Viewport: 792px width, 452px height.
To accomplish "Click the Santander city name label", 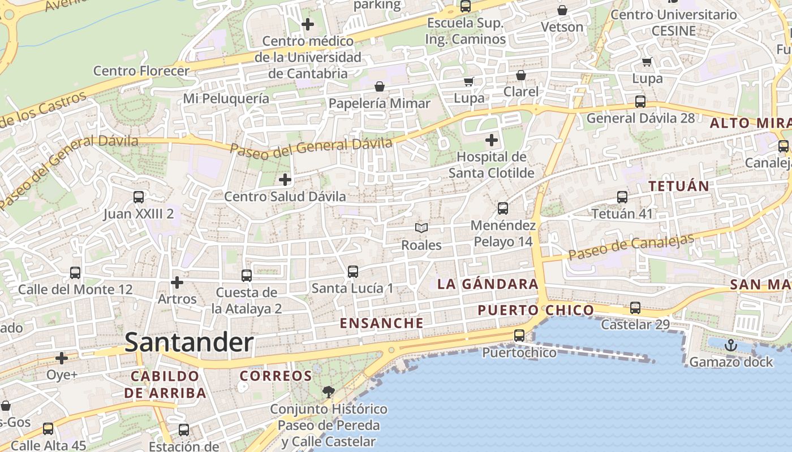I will click(189, 342).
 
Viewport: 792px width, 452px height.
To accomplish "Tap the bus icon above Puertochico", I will click(519, 336).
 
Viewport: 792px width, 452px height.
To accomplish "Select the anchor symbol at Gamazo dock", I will click(731, 345).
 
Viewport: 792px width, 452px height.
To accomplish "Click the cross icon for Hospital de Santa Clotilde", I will click(492, 140).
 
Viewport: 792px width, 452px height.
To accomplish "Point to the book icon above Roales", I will click(421, 228).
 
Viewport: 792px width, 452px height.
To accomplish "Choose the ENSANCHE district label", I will click(382, 323).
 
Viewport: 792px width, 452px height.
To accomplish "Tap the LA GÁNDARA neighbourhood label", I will click(488, 284).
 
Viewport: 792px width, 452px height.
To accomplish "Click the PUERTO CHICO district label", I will click(536, 310).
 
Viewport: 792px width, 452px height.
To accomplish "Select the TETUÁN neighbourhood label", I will click(678, 186).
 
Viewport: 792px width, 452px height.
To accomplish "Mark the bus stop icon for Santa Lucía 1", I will click(353, 272).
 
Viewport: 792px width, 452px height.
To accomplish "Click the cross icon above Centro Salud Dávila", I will click(285, 180).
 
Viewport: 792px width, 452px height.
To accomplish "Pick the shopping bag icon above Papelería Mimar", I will click(380, 86).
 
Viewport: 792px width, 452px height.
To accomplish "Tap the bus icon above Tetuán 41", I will click(622, 197).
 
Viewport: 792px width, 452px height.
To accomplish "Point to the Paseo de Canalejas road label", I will click(631, 247).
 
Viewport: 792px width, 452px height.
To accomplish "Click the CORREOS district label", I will click(276, 376).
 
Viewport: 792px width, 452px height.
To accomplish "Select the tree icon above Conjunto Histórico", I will click(328, 392).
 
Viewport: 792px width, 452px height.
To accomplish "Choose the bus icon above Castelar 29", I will click(635, 308).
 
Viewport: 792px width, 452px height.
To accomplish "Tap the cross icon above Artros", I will click(177, 282).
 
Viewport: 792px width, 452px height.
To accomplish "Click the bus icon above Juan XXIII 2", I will click(139, 197).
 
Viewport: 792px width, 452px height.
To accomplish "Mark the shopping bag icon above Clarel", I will click(521, 75).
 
